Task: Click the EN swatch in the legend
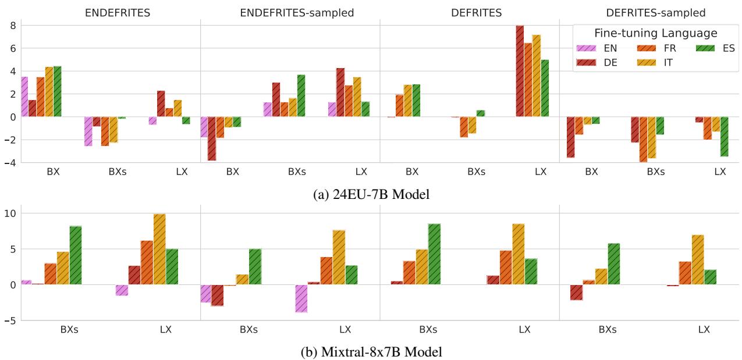click(x=586, y=48)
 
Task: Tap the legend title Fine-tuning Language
click(x=655, y=33)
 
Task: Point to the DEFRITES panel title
click(x=469, y=12)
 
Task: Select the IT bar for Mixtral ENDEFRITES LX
click(x=159, y=249)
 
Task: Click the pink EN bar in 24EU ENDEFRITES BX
click(x=24, y=97)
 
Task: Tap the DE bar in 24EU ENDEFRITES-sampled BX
click(x=212, y=138)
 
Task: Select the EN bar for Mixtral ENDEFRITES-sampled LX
click(x=301, y=298)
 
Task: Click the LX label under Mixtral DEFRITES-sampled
click(x=704, y=330)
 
